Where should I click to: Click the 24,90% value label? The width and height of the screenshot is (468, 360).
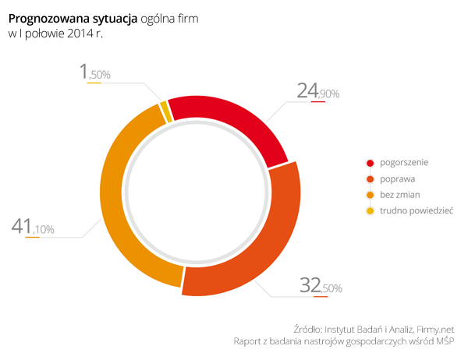coord(317,92)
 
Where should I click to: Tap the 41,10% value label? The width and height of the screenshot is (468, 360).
coord(33,228)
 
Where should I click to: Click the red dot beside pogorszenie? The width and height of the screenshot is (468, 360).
coord(370,163)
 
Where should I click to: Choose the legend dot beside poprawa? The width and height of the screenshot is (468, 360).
coord(370,178)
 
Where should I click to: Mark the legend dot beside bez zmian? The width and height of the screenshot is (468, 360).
coord(370,194)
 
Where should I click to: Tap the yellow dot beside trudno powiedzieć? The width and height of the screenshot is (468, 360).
coord(370,210)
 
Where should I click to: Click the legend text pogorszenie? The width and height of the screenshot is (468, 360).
coord(404,163)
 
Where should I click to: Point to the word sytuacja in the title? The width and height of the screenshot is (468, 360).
coord(113,17)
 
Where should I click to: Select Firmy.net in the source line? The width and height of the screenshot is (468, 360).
coord(435,328)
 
